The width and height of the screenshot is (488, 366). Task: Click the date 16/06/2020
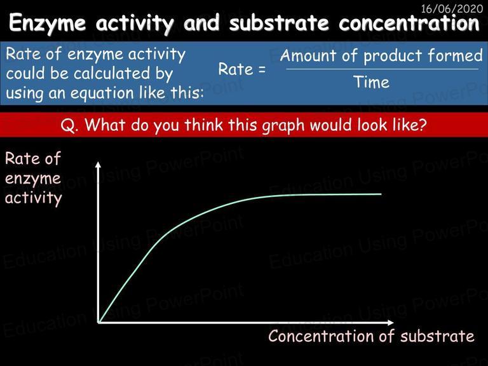coord(452,8)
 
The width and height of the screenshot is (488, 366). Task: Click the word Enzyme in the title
coord(47,24)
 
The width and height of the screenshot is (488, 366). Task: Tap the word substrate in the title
coord(279,24)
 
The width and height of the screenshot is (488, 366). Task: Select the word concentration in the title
coord(409,24)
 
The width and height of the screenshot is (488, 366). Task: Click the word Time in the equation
coord(372,83)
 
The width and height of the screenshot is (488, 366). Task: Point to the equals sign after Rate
coord(261,70)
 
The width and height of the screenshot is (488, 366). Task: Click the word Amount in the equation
coord(308,56)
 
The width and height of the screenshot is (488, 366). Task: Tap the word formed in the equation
coord(455,56)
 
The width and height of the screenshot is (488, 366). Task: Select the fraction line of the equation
coord(382,69)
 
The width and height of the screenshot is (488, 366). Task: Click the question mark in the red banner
coord(423,125)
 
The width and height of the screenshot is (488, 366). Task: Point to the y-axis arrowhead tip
coord(98,161)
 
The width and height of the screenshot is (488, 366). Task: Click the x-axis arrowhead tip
coord(394,322)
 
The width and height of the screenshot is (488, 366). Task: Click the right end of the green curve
coord(381,194)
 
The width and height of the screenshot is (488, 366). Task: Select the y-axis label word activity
coord(34,198)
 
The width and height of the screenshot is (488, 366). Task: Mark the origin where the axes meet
coord(98,322)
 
